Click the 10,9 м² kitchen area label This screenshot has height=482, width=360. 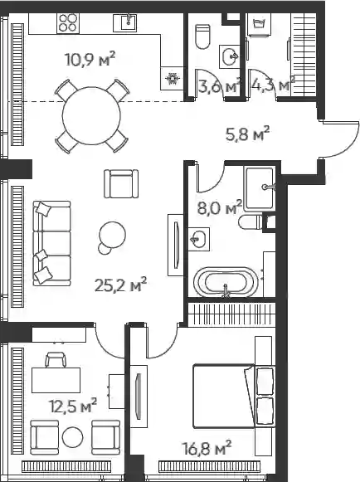click(90, 60)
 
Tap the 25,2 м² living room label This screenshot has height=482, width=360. click(120, 285)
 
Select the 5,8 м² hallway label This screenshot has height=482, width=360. click(247, 134)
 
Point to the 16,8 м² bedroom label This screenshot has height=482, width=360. click(207, 448)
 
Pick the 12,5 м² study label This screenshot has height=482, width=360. click(73, 406)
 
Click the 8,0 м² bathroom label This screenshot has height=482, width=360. click(220, 208)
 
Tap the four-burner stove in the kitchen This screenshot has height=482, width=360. click(68, 23)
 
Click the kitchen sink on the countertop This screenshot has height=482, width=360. click(125, 22)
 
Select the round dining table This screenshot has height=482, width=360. click(91, 116)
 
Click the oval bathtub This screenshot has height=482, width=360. click(226, 282)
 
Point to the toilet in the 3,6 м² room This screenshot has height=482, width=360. click(203, 37)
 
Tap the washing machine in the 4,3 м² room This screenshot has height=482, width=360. click(260, 25)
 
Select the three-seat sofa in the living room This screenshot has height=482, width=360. click(51, 243)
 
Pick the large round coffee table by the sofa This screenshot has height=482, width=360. click(112, 234)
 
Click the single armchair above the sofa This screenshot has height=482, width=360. click(121, 184)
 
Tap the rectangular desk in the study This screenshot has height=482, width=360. click(56, 380)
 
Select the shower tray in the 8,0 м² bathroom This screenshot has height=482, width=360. click(260, 189)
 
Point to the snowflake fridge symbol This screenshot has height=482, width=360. click(172, 79)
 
